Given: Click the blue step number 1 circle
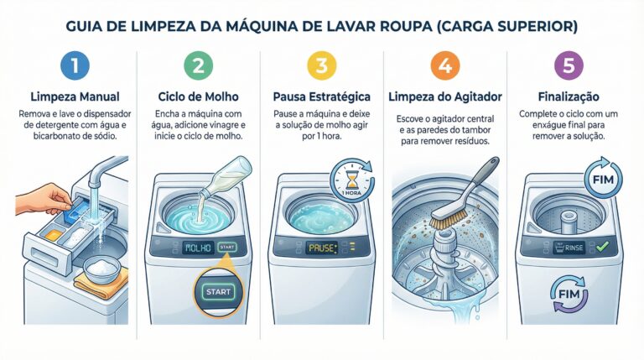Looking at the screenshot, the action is pos(75,65).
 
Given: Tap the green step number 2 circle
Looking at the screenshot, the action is pos(199,65).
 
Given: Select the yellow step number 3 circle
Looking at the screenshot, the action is pos(322,65).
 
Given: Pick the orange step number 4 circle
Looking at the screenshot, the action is pos(445,65).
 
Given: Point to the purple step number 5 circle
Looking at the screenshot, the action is pos(569,65).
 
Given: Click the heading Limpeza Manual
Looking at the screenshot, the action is pos(75,97).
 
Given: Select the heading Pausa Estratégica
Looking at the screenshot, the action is pos(322,97).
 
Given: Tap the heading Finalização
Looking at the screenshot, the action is pos(569,97).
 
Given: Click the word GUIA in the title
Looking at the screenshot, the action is pos(83,27).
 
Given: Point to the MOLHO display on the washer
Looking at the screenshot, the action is pos(198,248).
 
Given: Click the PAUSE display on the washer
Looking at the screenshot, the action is pos(322,248).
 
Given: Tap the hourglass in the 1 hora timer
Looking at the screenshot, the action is pos(351,180).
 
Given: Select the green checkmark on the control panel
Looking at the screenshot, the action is pos(603,247).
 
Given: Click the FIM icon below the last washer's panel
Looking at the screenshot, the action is pos(569,294).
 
